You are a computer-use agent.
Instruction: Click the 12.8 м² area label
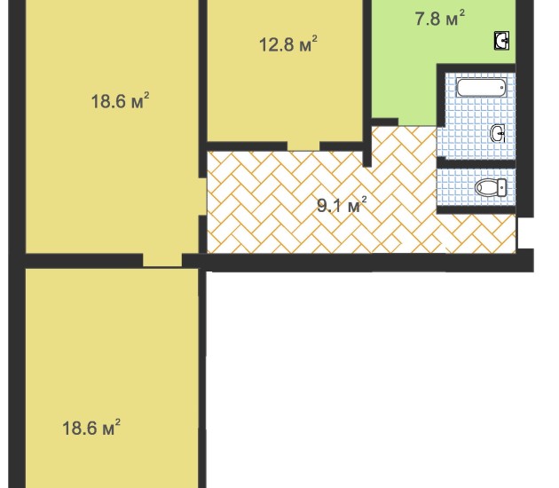tap(288, 44)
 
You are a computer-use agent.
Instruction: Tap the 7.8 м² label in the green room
tap(440, 18)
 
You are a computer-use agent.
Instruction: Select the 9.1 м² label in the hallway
tap(342, 205)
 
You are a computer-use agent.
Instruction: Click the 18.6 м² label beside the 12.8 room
tap(120, 100)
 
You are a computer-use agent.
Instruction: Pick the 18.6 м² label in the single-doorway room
tap(91, 428)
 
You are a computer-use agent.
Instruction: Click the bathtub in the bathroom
tap(481, 88)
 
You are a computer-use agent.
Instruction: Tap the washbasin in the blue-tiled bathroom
tap(498, 134)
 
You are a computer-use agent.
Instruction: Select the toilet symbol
tap(490, 187)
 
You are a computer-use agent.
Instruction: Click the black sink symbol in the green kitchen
tap(501, 40)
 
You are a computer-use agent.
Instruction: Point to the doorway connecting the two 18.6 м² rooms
tap(162, 260)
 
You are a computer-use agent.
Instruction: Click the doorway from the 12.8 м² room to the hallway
tap(303, 146)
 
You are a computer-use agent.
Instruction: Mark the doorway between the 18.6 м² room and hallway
tap(203, 196)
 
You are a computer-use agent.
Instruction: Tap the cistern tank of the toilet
tap(502, 187)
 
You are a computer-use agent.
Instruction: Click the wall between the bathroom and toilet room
tap(476, 163)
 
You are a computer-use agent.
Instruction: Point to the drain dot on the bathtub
tap(502, 87)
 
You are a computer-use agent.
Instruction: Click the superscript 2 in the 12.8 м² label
tap(314, 37)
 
